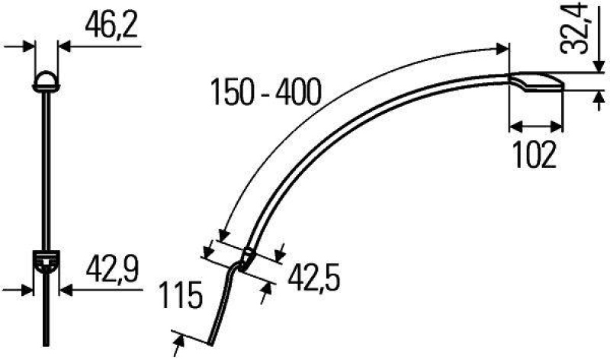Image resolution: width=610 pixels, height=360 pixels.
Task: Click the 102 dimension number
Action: tap(535, 156)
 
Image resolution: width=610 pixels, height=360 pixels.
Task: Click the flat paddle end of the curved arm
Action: tap(537, 82)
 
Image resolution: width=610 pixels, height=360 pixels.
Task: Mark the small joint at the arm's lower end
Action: tap(246, 260)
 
